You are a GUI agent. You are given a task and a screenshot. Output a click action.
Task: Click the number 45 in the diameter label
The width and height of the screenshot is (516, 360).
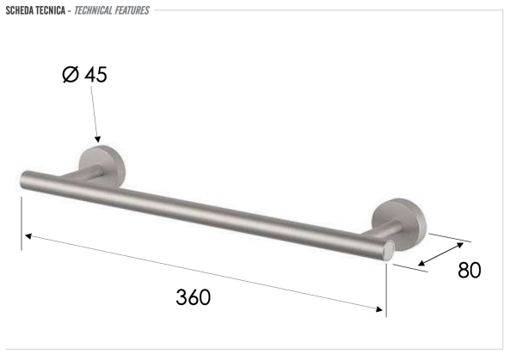[96, 76]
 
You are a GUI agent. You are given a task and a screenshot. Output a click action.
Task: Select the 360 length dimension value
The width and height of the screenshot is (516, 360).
[193, 297]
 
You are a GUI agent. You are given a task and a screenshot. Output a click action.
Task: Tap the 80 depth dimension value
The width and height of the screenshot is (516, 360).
[469, 270]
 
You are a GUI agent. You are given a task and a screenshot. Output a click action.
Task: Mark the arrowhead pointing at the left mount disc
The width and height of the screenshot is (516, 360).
[98, 139]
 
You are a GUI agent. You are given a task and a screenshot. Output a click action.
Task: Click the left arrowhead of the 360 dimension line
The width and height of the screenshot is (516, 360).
[27, 234]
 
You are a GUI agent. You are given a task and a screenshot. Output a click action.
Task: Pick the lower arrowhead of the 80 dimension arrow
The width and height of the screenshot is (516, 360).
[418, 265]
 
